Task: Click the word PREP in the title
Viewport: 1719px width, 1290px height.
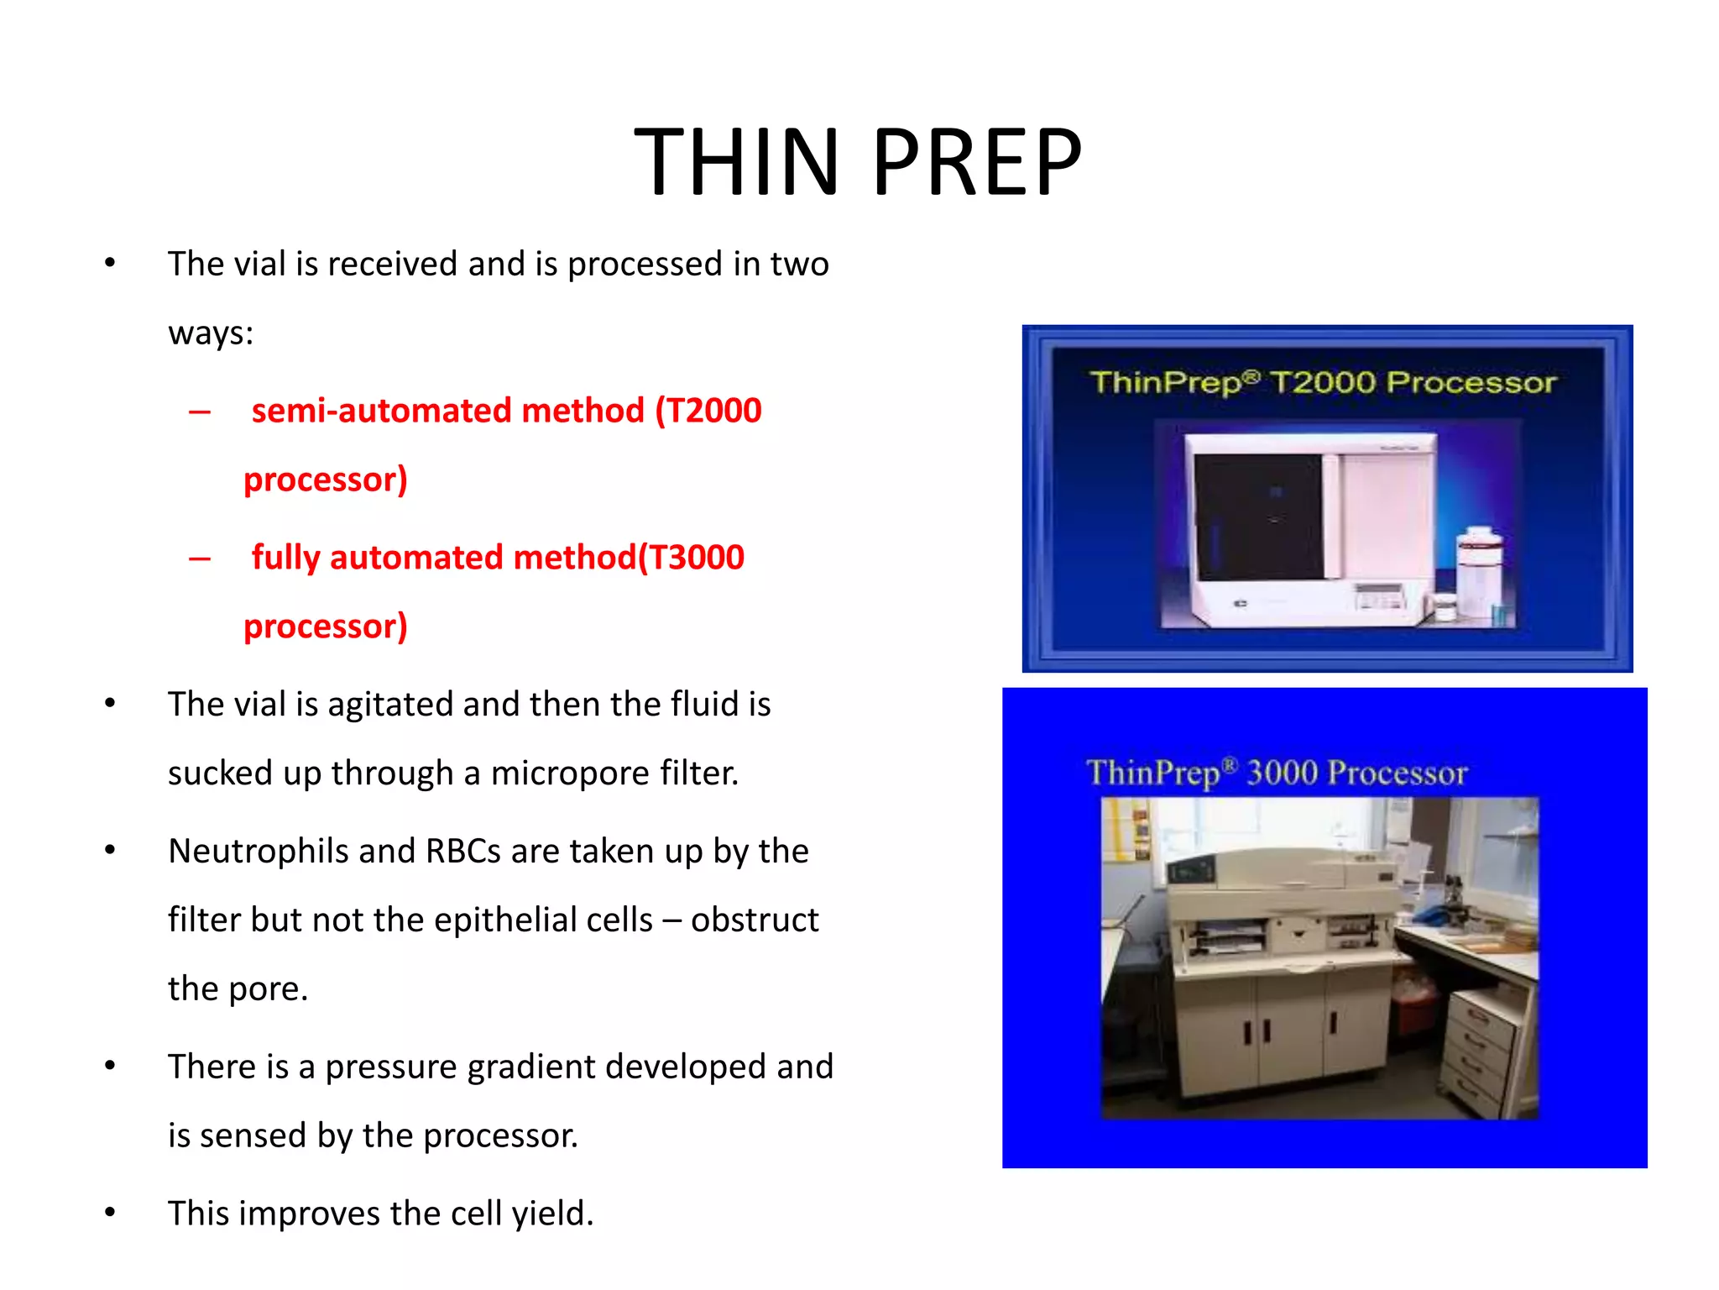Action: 977,161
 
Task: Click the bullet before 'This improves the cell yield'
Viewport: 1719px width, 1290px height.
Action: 110,1213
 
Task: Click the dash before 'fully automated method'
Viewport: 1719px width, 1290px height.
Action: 200,558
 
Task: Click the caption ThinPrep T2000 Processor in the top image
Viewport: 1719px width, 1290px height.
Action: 1323,383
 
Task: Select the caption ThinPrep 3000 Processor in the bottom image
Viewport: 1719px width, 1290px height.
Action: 1277,773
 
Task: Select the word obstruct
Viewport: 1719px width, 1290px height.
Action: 754,920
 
